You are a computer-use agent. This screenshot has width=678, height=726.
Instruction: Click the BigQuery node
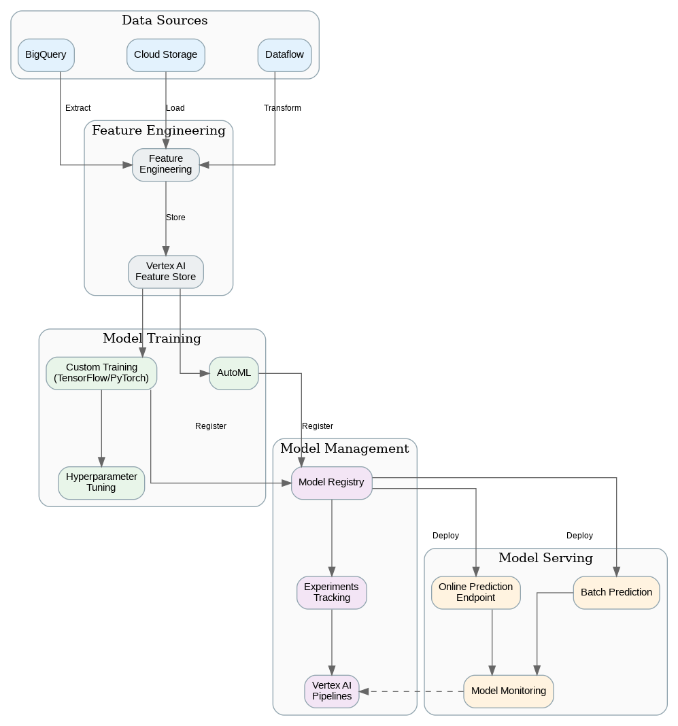click(46, 55)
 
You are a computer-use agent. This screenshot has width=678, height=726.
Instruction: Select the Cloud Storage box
click(165, 55)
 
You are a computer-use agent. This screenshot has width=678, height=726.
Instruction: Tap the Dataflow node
click(284, 55)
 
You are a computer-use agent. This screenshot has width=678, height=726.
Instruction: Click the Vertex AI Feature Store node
click(165, 271)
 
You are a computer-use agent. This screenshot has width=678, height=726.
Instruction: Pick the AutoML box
click(233, 373)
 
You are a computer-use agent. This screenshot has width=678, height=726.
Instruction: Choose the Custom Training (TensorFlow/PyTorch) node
click(101, 373)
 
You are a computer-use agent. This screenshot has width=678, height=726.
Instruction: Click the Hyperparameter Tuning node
click(101, 483)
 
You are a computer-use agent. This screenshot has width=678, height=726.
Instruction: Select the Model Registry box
click(331, 483)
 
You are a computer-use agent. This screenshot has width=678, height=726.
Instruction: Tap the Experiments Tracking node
click(331, 592)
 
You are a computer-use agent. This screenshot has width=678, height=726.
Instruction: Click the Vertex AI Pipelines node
click(331, 691)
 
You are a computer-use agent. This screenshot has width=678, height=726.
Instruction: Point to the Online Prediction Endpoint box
click(475, 592)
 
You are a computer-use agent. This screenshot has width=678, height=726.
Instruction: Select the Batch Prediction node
click(616, 592)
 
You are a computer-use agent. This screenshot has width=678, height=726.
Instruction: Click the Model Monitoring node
click(508, 691)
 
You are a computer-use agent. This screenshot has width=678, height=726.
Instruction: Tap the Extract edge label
click(78, 108)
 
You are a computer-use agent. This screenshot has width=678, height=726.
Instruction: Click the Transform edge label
click(282, 108)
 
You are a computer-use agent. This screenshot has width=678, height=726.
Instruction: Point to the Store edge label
click(175, 218)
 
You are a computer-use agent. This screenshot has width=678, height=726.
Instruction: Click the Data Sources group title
click(165, 20)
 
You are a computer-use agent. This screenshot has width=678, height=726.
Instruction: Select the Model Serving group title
click(545, 558)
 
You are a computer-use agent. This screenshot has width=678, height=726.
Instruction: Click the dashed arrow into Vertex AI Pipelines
click(411, 691)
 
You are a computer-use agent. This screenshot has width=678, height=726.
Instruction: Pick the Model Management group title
click(344, 449)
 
